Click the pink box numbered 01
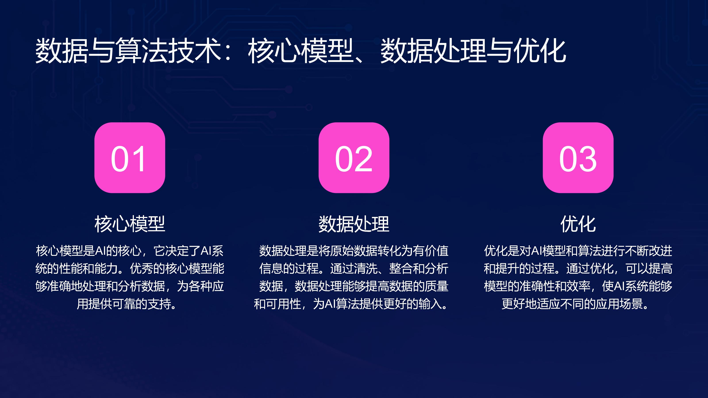point(130,158)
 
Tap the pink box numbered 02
point(354,158)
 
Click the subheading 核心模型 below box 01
point(130,224)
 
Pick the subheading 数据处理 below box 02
point(354,224)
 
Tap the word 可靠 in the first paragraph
point(124,304)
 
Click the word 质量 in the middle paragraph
point(437,286)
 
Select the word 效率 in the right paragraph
point(578,286)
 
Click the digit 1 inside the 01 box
point(139,159)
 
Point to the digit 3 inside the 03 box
point(588,159)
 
